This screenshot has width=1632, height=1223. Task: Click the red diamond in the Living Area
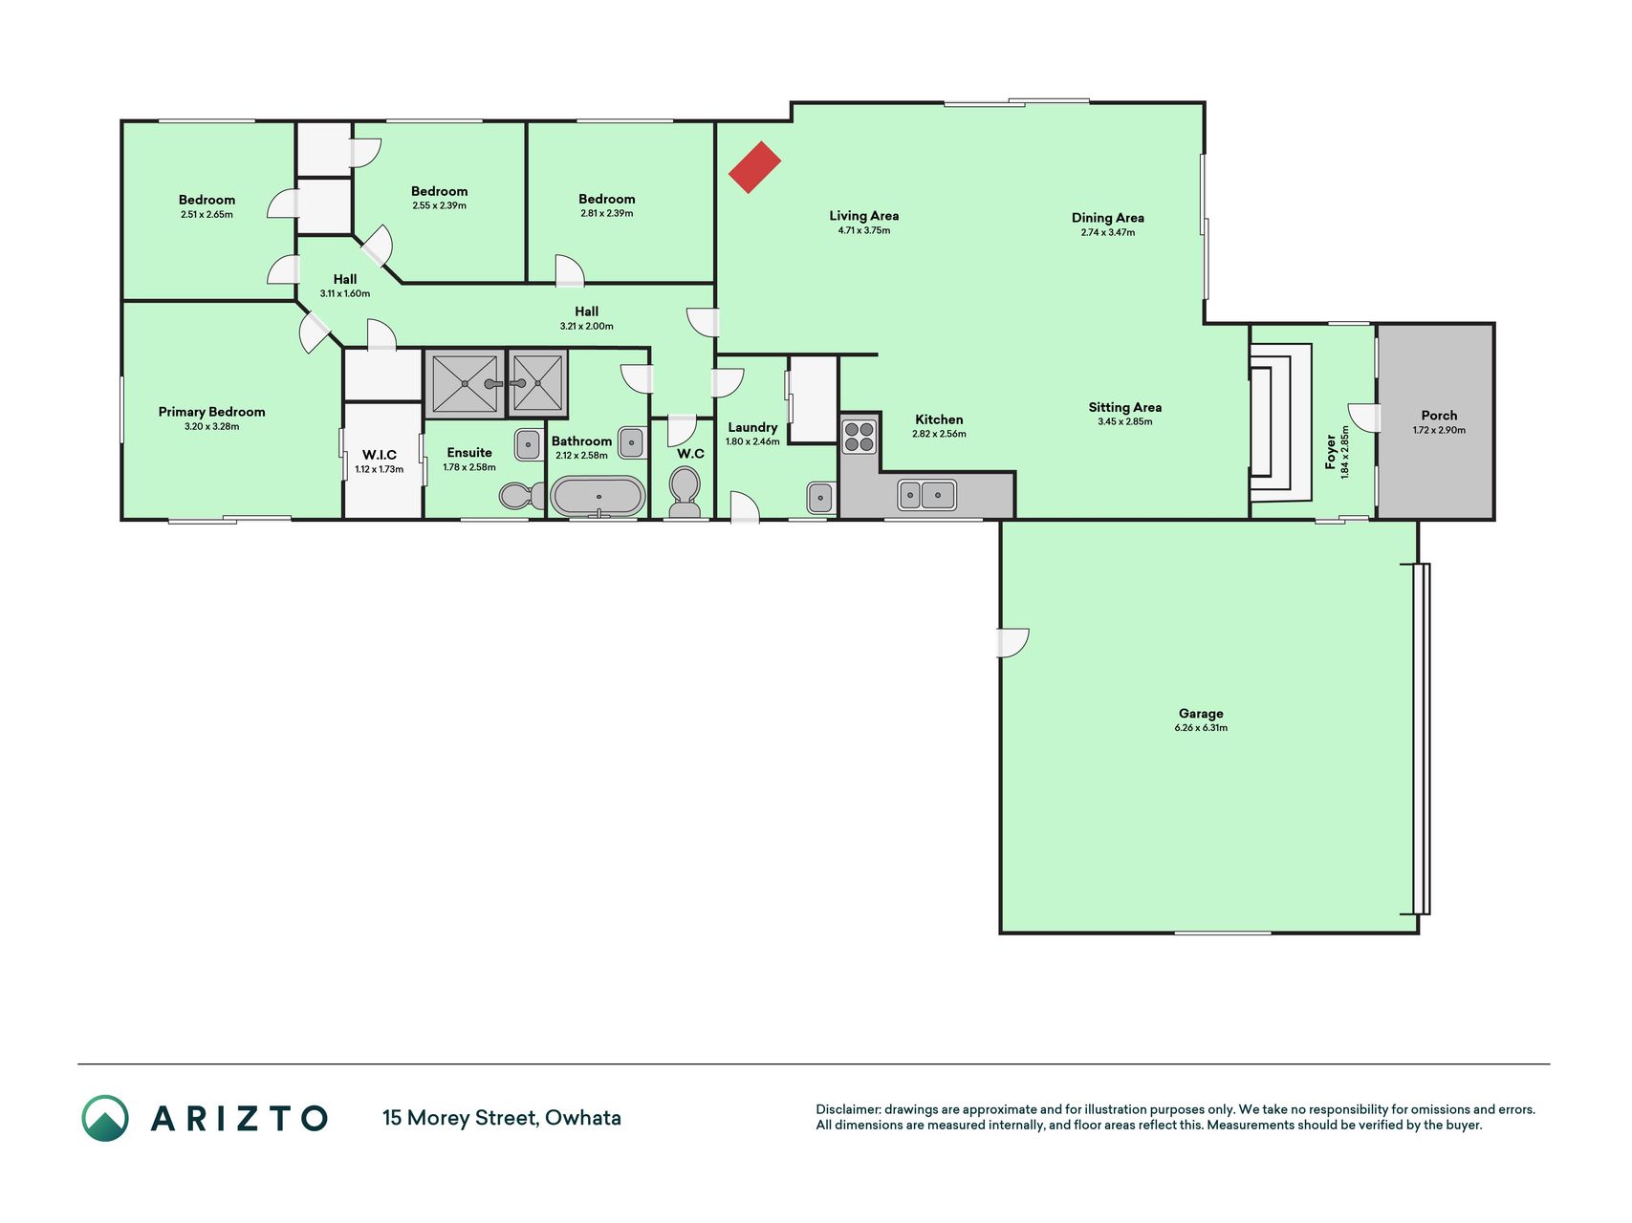755,167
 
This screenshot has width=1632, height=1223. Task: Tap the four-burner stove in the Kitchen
859,436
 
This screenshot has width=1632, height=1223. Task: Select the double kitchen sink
926,495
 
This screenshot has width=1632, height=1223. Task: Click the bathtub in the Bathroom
598,497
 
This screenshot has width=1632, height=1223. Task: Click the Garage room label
1201,714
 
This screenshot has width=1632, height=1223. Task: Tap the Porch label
1439,416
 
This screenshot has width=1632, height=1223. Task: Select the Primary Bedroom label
211,412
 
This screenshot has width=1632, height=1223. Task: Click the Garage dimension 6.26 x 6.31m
1201,728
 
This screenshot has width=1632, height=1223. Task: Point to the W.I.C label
380,455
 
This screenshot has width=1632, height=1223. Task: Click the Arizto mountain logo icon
105,1118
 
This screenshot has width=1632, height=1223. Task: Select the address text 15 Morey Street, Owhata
502,1118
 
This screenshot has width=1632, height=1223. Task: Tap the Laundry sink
819,497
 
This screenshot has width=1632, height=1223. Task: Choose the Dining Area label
1108,218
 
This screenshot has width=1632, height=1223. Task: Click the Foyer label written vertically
1330,452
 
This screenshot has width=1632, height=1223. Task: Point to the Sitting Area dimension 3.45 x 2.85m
1125,421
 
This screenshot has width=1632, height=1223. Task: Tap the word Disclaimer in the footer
847,1109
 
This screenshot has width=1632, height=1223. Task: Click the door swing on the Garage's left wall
1013,643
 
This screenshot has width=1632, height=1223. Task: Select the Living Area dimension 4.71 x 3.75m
864,230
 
